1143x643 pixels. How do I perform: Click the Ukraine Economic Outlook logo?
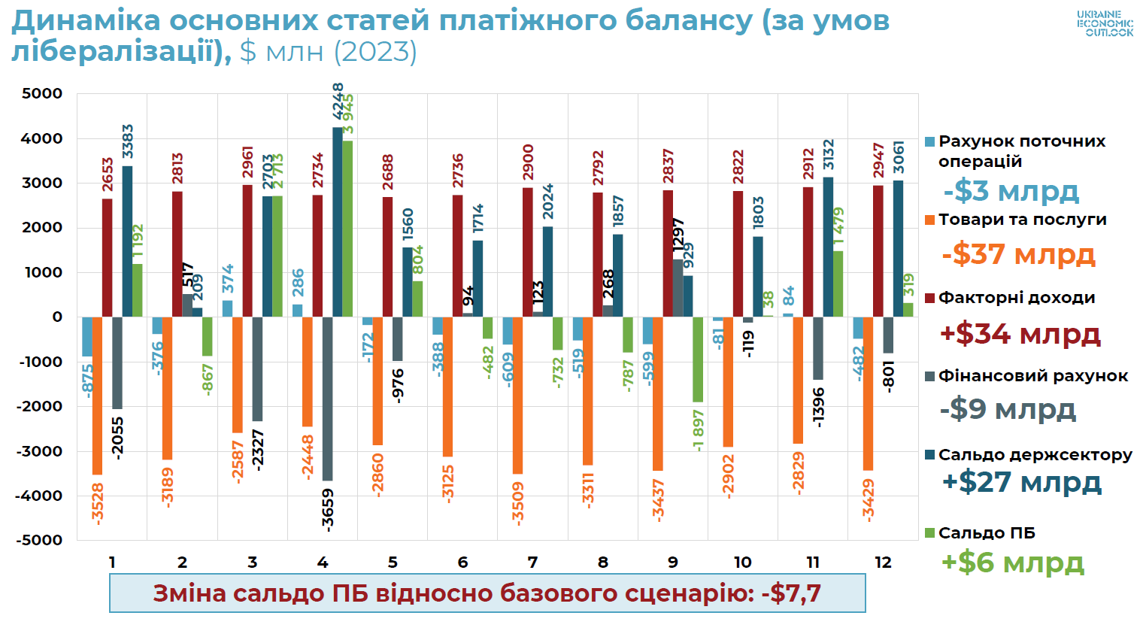[1105, 24]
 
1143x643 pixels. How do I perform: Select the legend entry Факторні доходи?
[1016, 298]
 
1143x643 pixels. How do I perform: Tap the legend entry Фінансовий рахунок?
[1032, 376]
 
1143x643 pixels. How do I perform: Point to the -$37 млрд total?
[1018, 254]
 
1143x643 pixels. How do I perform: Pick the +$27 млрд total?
[1021, 482]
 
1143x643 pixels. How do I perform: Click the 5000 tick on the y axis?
[42, 94]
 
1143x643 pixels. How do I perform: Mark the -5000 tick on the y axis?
[39, 540]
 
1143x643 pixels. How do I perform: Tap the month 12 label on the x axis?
[883, 563]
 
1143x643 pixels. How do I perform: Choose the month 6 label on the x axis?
[462, 563]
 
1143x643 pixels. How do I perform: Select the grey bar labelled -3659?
[328, 399]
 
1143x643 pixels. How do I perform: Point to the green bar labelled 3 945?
[347, 229]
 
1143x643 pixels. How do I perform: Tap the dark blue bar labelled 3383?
[127, 241]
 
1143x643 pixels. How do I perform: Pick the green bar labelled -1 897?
[698, 359]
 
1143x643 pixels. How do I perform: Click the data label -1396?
[819, 407]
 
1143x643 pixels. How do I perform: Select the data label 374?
[228, 278]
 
